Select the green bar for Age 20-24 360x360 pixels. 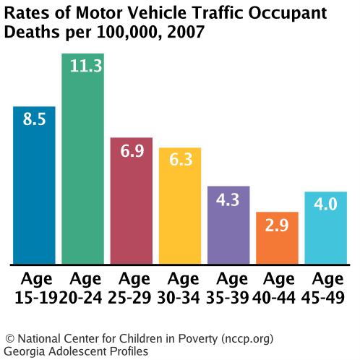point(82,159)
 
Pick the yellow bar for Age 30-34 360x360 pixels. point(180,206)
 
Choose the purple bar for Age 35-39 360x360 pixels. point(228,225)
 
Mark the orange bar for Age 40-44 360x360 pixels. point(277,238)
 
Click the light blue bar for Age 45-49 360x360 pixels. point(325,228)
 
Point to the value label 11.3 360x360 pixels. point(82,67)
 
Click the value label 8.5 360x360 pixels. point(34,119)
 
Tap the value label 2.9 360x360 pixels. point(277,226)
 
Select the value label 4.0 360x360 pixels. point(325,205)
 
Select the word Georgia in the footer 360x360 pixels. point(25,351)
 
